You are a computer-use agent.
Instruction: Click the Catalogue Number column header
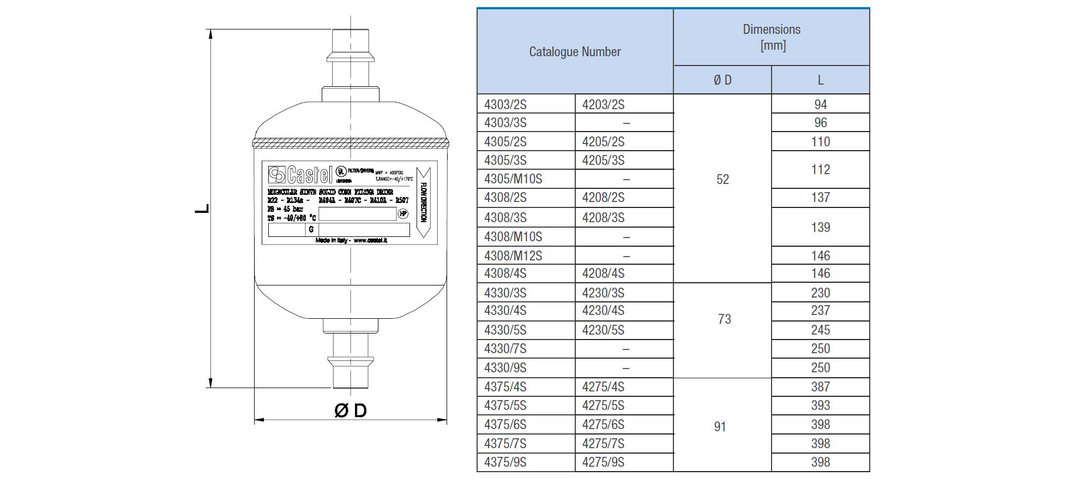(575, 52)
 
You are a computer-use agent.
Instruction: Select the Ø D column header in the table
(722, 80)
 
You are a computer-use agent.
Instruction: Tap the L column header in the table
(820, 80)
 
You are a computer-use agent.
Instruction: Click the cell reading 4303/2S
(505, 104)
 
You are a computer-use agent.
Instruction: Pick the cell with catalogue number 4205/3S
(603, 160)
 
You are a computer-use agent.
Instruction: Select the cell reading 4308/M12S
(513, 255)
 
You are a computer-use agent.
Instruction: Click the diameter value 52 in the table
(722, 180)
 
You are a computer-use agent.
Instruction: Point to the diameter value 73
(724, 319)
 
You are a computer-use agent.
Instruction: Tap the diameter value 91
(720, 427)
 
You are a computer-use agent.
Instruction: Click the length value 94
(820, 104)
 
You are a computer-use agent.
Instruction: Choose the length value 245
(820, 330)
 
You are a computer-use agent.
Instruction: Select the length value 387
(820, 386)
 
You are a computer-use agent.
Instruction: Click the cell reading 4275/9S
(603, 462)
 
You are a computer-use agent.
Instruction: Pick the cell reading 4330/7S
(505, 348)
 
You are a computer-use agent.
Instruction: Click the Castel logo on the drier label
(300, 175)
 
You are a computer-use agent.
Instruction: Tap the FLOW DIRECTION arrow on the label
(424, 203)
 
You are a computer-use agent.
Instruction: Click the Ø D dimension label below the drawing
(350, 410)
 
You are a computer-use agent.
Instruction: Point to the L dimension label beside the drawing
(202, 209)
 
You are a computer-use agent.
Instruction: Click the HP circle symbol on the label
(403, 213)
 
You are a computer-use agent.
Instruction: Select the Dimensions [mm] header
(772, 37)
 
